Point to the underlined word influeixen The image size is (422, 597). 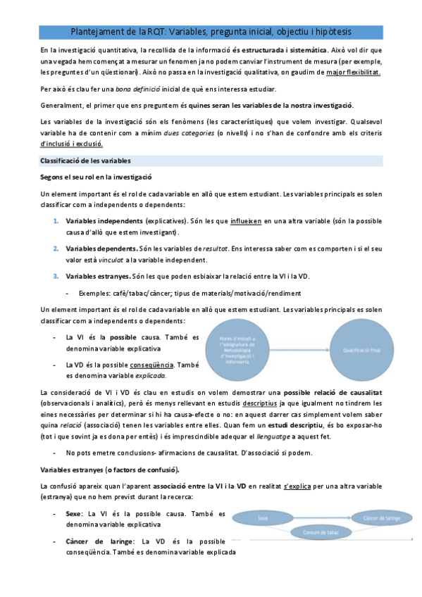[x=246, y=220]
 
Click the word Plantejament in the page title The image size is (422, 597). [x=97, y=32]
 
